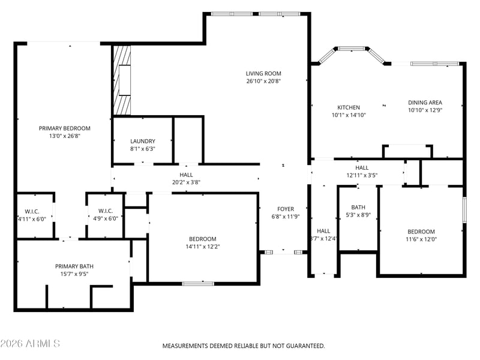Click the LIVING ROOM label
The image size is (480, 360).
pos(263,73)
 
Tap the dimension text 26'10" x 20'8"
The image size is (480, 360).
pos(263,81)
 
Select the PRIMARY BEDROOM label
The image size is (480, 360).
pos(65,128)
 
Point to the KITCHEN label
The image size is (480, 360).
pos(349,107)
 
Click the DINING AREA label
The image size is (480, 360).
pos(425,103)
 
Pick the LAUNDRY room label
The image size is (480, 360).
pos(143,141)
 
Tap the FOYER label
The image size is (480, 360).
pos(286,209)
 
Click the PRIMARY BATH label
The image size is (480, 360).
pos(74,266)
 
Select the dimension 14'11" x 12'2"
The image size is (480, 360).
pos(203,247)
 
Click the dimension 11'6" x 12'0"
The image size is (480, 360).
pos(421,239)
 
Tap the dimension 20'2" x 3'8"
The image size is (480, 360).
pos(186,182)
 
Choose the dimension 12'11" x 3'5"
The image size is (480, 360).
pos(362,175)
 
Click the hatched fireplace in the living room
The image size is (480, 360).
pos(122,80)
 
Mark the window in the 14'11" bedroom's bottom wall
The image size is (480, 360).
pos(198,284)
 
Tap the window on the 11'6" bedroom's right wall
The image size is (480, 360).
pos(464,209)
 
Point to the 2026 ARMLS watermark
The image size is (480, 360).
pos(30,343)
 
